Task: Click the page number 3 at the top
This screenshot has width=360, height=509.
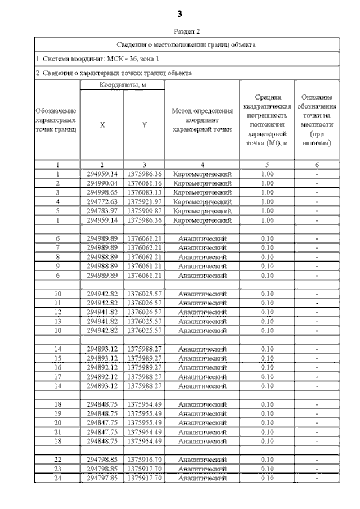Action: tap(180, 13)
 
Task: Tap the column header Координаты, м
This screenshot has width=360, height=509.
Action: tap(123, 85)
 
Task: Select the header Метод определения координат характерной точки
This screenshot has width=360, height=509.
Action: tap(202, 120)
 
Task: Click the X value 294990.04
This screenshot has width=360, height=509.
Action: tap(102, 183)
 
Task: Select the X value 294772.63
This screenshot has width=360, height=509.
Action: tap(102, 201)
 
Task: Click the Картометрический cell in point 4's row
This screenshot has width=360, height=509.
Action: tap(202, 201)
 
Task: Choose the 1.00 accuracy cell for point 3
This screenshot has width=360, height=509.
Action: tap(267, 192)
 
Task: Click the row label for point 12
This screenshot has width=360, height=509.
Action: tap(57, 312)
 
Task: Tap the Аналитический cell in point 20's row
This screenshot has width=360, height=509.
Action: tap(202, 422)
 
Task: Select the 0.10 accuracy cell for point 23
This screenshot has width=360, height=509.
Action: tap(267, 469)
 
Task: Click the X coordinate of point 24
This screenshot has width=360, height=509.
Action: tap(102, 478)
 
